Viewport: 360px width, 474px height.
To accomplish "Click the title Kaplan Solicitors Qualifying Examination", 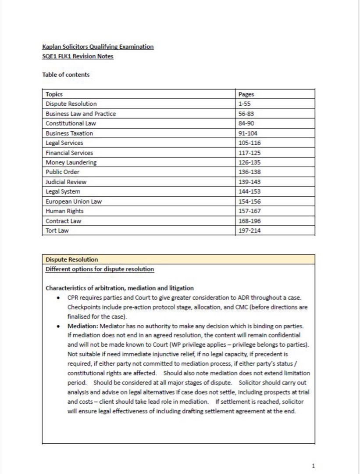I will click(98, 47).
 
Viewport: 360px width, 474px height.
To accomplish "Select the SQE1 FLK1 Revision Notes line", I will click(78, 57).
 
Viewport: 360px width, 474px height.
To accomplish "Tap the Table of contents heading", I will click(66, 75).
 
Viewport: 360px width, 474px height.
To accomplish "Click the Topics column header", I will click(54, 94).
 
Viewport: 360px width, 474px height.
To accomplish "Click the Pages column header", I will click(246, 94).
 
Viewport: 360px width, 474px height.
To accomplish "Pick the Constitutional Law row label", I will click(71, 123).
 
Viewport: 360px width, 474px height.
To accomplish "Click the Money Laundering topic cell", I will click(71, 162).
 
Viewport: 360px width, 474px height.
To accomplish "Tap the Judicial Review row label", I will click(66, 182).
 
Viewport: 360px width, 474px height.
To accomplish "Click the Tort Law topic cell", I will click(57, 230).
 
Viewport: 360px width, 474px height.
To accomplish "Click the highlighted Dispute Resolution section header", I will click(72, 259).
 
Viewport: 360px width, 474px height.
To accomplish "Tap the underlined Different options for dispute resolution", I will click(100, 269).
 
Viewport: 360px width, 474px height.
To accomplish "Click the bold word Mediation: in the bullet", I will click(83, 326).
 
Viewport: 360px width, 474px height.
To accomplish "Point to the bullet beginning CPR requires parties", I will click(184, 298).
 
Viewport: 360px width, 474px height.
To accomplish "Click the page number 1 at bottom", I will click(313, 466).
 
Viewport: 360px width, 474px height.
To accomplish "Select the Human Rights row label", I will click(64, 211).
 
